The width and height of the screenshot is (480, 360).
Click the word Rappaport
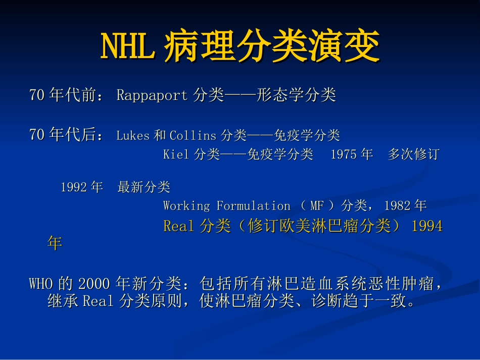click(x=152, y=95)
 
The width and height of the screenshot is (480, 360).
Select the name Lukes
click(x=133, y=135)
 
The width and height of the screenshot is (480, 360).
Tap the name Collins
click(x=193, y=135)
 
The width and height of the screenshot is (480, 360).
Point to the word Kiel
click(x=176, y=155)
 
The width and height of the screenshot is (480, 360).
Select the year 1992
click(x=74, y=187)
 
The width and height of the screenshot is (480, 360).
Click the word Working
click(x=186, y=206)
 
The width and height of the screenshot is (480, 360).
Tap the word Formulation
click(x=253, y=206)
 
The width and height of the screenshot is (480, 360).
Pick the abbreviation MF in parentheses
click(x=317, y=206)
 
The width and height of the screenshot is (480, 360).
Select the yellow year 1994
click(x=427, y=226)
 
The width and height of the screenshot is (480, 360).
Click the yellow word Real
click(x=179, y=226)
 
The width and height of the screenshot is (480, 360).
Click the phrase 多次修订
click(x=413, y=155)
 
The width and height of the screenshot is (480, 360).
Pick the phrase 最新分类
click(x=144, y=187)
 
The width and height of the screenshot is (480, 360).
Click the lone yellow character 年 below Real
click(x=54, y=243)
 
